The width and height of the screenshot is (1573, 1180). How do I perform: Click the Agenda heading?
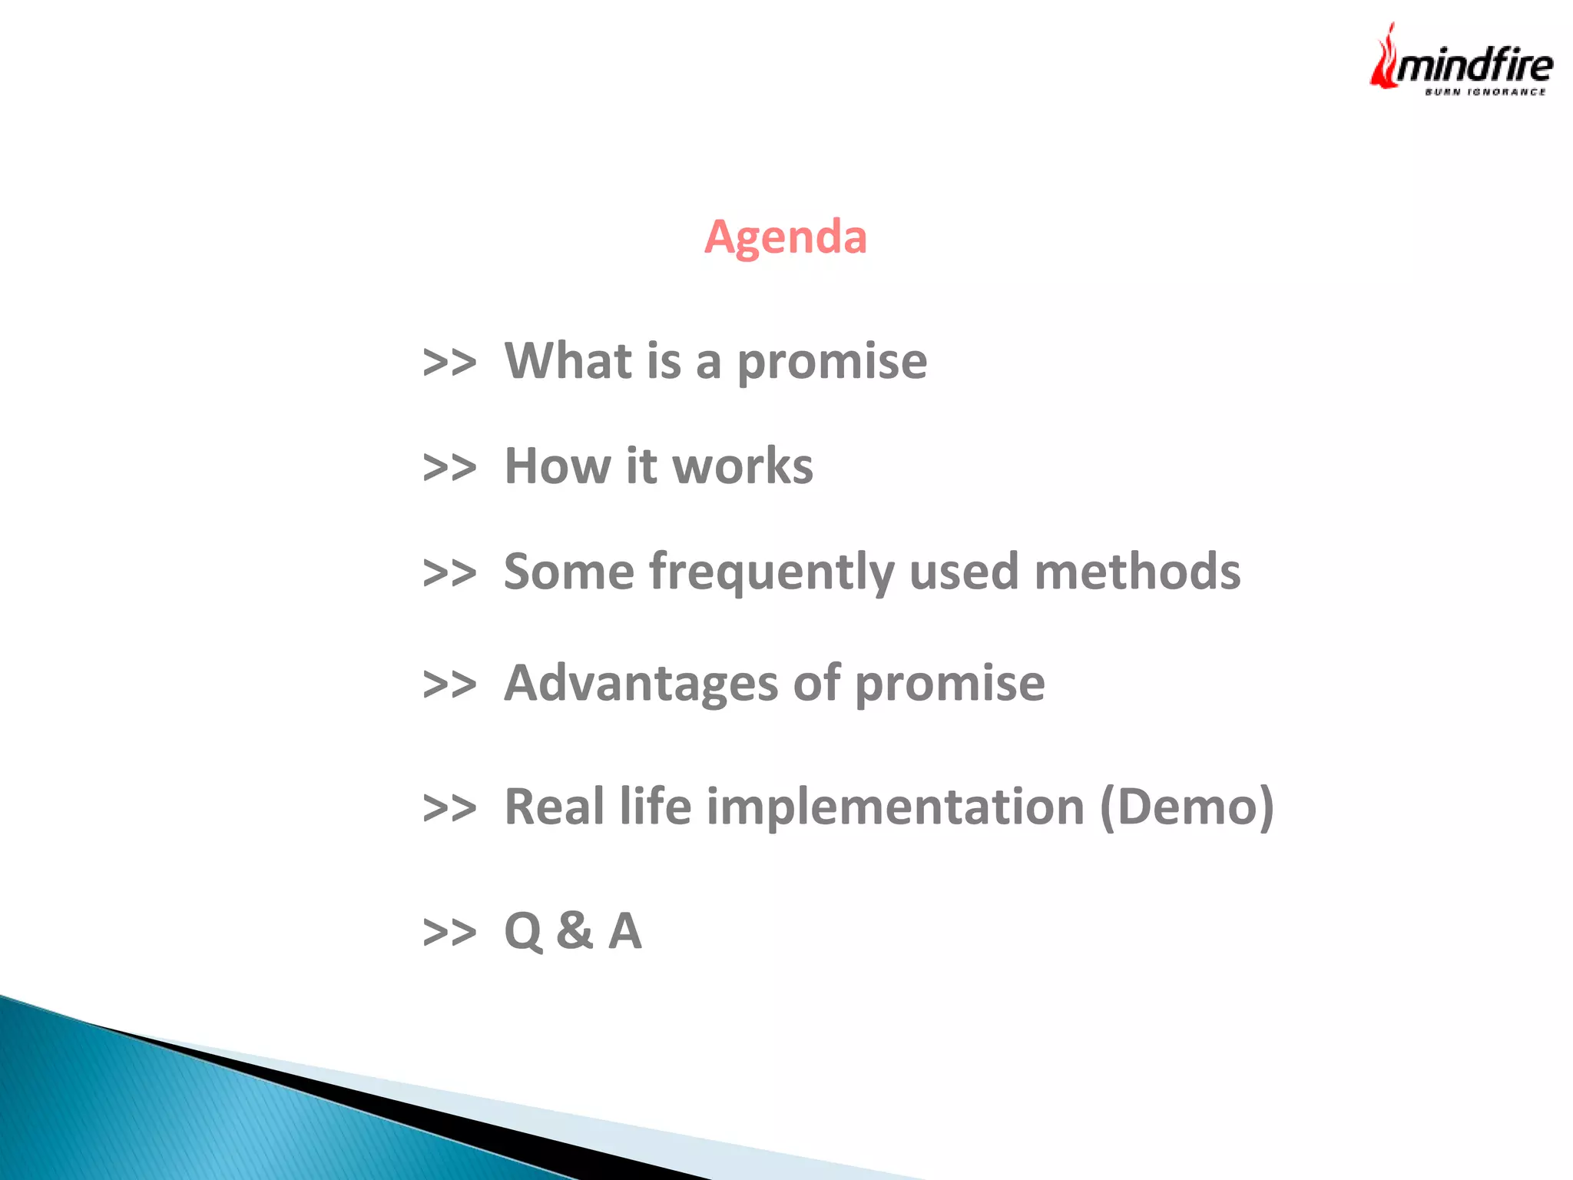click(785, 236)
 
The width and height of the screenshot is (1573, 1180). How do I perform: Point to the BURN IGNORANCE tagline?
click(1485, 92)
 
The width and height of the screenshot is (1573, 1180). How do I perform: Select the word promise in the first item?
click(832, 363)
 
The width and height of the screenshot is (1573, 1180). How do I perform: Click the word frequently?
click(771, 573)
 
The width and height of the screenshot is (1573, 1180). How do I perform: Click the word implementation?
click(895, 807)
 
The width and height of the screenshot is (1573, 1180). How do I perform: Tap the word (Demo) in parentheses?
click(1187, 807)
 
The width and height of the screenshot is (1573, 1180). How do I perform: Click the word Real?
click(554, 807)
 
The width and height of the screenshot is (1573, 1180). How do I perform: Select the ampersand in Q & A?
click(575, 930)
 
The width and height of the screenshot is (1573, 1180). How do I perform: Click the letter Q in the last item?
click(523, 931)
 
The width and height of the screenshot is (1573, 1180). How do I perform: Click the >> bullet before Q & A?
click(449, 932)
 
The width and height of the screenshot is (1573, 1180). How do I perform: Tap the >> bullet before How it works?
click(449, 467)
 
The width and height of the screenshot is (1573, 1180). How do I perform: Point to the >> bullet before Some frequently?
click(449, 573)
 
